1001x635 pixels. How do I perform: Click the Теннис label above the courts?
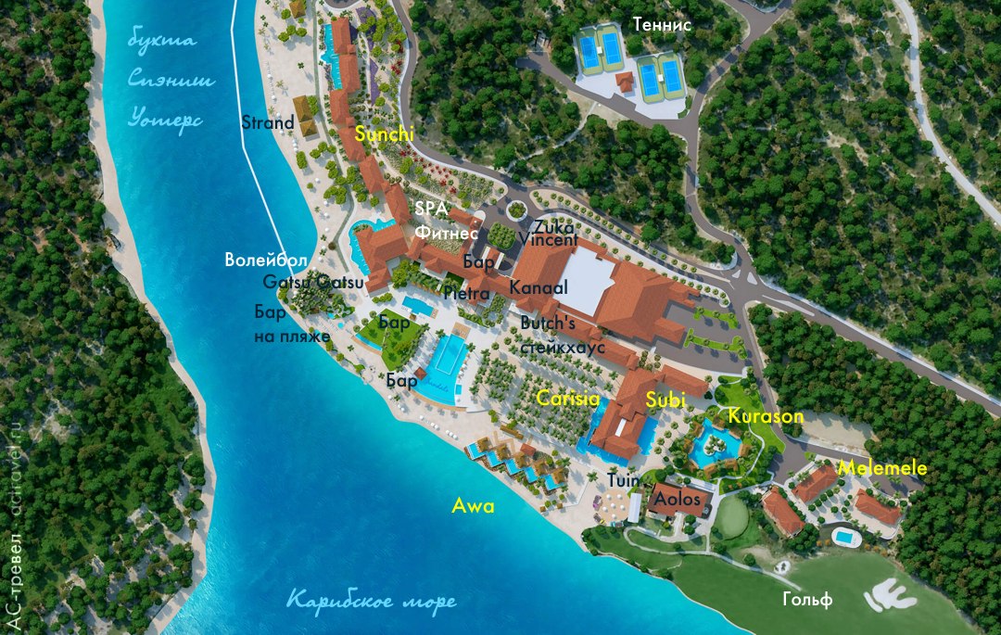(x=662, y=25)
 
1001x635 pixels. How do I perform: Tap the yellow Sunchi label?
(x=384, y=135)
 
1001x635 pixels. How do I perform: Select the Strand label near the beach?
(x=267, y=122)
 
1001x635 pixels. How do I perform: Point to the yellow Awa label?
(x=473, y=506)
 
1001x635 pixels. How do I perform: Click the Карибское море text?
(x=371, y=601)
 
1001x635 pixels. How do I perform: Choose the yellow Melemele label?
(x=881, y=469)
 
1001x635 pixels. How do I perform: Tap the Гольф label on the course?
(x=802, y=598)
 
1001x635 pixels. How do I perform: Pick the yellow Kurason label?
(x=766, y=416)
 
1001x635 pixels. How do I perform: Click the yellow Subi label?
(x=665, y=400)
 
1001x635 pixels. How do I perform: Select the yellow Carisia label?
(x=568, y=400)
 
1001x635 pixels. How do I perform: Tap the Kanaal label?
(x=538, y=288)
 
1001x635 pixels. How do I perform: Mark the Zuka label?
(x=553, y=226)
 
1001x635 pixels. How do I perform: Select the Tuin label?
(x=623, y=481)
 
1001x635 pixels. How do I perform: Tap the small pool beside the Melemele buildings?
(x=844, y=536)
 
